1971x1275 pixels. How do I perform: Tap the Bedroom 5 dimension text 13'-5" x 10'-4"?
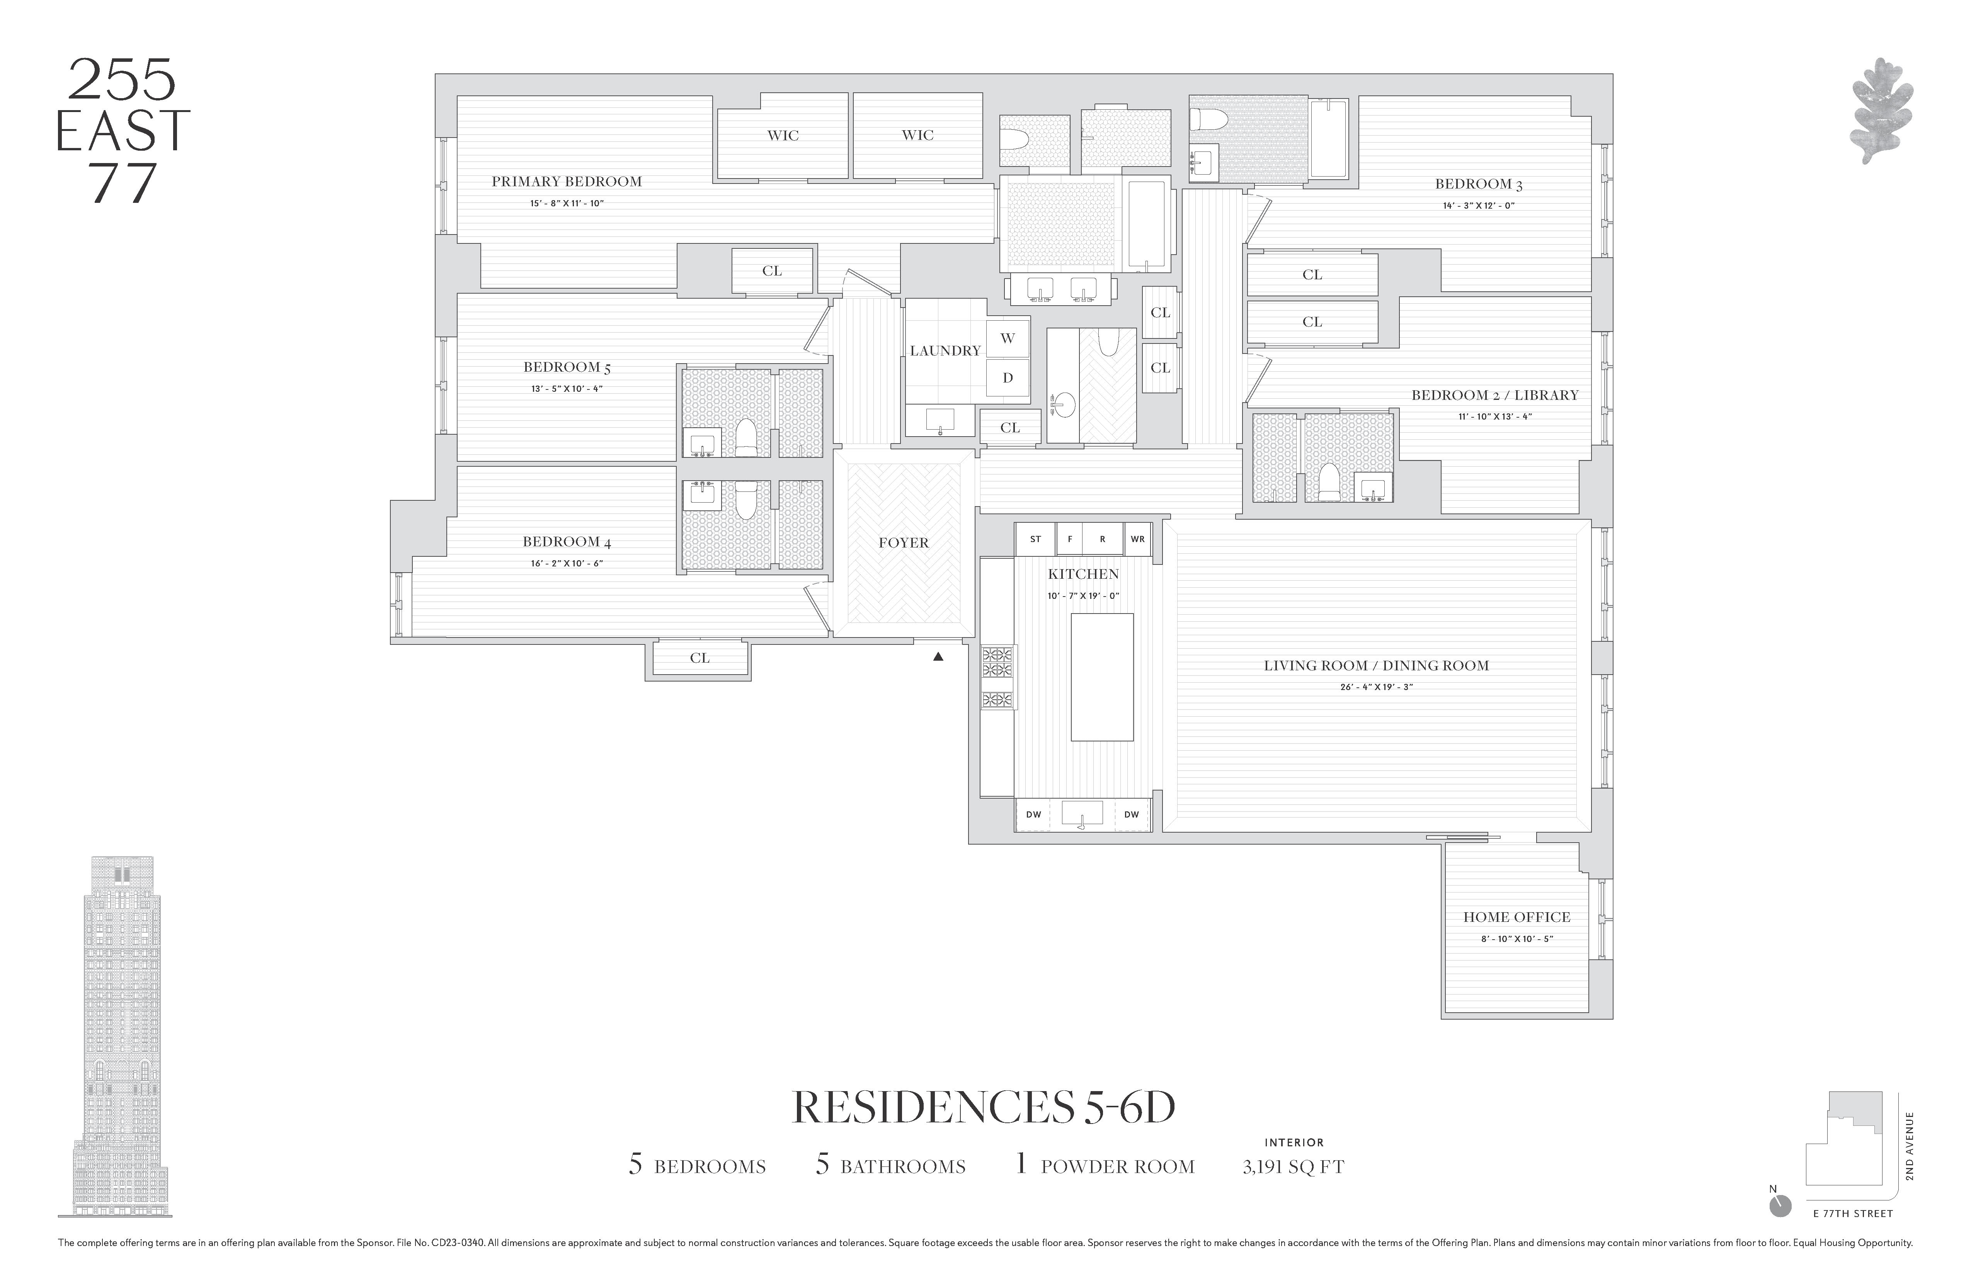[567, 388]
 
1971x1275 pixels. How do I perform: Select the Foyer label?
[904, 543]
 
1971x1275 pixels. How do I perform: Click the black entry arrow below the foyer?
[938, 656]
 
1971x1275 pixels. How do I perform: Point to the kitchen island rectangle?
[1101, 677]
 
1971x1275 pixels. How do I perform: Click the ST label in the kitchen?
[1035, 539]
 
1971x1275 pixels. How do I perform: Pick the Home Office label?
[1517, 917]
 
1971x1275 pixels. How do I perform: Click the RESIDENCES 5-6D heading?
[984, 1108]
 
